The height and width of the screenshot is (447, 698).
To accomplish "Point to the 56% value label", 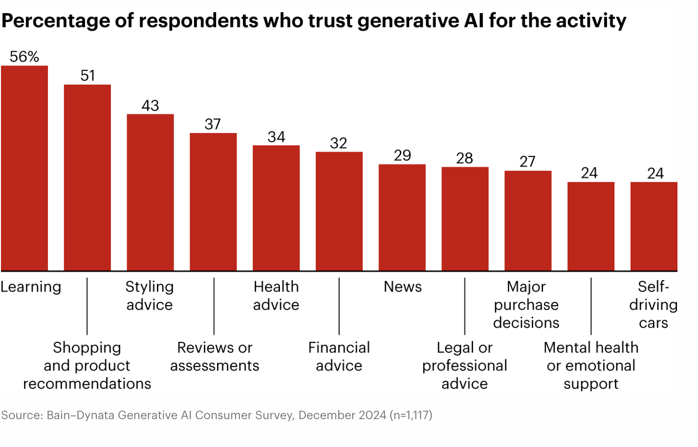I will click(x=24, y=57).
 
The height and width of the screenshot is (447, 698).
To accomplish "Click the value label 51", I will click(x=87, y=76).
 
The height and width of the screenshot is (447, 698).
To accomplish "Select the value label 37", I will click(x=213, y=124).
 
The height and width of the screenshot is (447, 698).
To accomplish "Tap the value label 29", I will click(x=402, y=156).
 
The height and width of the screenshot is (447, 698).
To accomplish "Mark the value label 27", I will click(x=527, y=162).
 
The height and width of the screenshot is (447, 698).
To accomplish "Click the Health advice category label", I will click(x=276, y=295).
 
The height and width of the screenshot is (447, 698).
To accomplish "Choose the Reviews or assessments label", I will click(x=215, y=357).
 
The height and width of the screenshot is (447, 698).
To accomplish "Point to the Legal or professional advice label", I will click(x=464, y=365).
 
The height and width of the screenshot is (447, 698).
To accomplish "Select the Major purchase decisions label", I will click(x=526, y=304).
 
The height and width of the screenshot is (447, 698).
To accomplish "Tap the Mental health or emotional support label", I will click(x=591, y=365).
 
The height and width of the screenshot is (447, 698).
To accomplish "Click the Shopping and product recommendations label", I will click(x=87, y=365).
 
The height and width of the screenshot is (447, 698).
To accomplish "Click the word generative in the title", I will click(x=408, y=21).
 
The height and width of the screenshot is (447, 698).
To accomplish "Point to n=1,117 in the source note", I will click(x=411, y=415).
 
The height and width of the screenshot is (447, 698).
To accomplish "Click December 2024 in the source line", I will click(x=342, y=415).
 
